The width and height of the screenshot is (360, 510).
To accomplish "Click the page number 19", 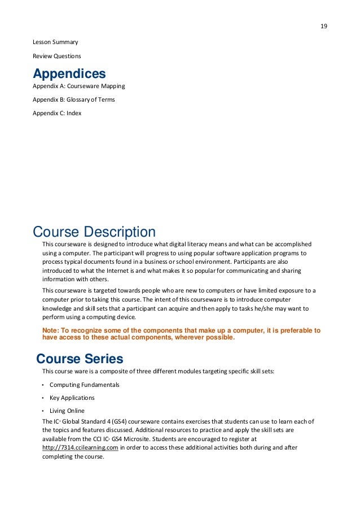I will click(324, 27).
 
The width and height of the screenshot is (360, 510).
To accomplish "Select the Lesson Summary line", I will click(55, 42).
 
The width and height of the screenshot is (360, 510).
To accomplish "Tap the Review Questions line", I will click(56, 56).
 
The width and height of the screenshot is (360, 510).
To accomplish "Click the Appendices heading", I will click(69, 74).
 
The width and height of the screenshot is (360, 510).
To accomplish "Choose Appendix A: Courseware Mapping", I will click(78, 86).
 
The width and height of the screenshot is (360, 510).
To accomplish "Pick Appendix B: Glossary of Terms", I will click(74, 99).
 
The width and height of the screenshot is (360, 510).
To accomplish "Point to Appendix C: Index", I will click(57, 113).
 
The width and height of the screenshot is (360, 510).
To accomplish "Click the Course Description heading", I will click(94, 232).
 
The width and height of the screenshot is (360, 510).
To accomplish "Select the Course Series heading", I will click(80, 359).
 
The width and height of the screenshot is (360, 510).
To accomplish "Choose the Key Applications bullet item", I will click(72, 398).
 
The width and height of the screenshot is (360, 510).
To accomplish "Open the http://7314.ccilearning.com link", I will click(80, 447).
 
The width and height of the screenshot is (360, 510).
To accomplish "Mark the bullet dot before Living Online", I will click(43, 411).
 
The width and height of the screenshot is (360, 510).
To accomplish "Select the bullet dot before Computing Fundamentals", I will click(43, 385).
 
